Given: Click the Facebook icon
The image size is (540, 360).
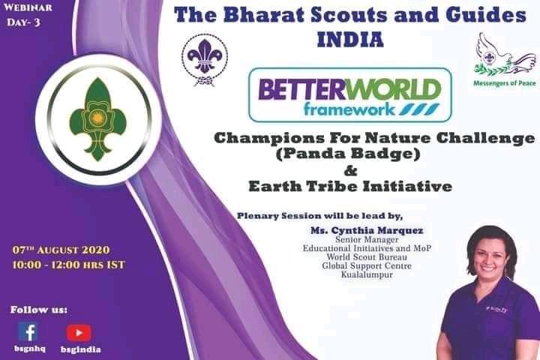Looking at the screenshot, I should tap(28, 332).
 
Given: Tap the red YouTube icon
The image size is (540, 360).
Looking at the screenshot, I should tap(79, 332).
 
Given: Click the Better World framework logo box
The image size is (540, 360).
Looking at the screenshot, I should tap(350, 94).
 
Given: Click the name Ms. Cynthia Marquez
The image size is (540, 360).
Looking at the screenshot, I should tap(360, 229).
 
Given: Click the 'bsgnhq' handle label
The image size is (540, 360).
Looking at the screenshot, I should tap(28, 349).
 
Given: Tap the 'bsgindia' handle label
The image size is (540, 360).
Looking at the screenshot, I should tap(80, 349).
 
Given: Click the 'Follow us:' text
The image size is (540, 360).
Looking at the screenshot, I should tap(38, 309).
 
